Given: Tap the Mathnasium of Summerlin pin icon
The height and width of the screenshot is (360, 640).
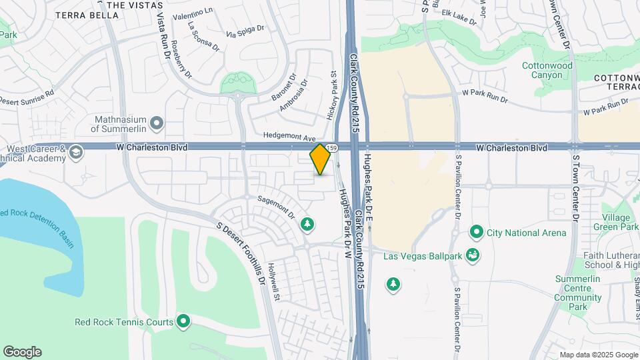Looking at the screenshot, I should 157,123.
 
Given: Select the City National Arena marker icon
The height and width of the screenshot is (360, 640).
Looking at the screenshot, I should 476,232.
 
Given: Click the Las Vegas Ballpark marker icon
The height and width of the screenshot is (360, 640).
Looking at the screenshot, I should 473,254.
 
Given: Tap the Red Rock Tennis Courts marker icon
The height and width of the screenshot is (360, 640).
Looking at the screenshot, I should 183,322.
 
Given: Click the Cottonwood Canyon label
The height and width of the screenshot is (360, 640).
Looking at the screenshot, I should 547,70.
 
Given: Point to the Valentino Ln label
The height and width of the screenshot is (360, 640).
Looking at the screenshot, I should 192,13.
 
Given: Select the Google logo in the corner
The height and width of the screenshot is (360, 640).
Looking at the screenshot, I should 22,351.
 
